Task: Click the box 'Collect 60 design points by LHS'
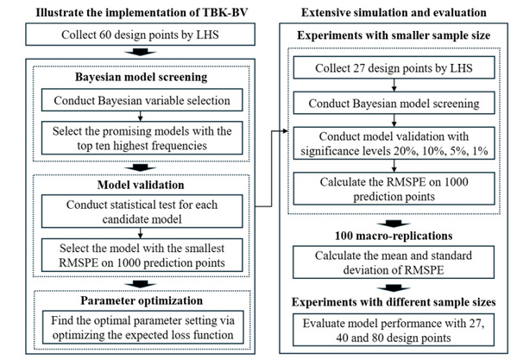140,35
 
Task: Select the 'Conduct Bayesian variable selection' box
142,100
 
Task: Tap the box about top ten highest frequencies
142,138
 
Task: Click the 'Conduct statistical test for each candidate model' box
142,212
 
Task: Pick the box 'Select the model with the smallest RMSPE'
142,256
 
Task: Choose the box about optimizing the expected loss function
142,327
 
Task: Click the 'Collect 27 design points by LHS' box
394,67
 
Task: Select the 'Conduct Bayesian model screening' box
394,103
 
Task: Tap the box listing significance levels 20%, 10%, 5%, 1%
394,143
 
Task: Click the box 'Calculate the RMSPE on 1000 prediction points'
394,188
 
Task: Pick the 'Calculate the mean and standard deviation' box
394,262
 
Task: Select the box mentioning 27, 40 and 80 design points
394,330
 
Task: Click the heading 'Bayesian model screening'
142,77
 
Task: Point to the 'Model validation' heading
141,185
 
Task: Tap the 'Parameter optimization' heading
142,300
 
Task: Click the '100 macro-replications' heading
394,236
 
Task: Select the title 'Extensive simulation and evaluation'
394,13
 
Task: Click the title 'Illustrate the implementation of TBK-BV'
142,13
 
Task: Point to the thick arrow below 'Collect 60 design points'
140,52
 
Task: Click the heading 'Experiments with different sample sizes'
394,302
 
